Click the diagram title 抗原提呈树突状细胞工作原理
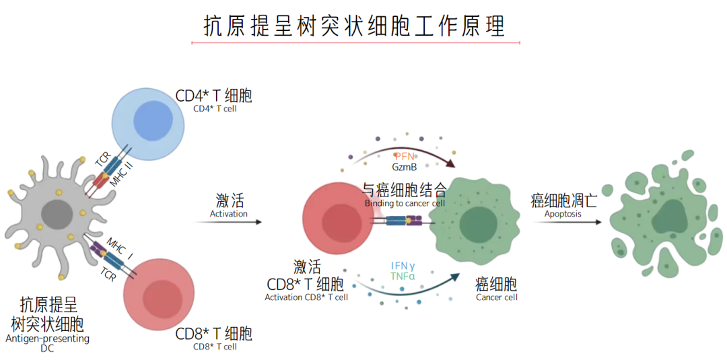pos(355,26)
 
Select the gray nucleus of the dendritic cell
pos(57,215)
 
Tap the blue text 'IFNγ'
pos(403,265)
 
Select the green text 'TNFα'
pos(403,276)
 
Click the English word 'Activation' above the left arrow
pos(229,214)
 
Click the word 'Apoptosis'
pos(563,215)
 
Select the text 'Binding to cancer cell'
pos(405,203)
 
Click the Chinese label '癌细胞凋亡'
pos(563,201)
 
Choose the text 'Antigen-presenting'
pos(47,338)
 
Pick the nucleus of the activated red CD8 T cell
pos(343,222)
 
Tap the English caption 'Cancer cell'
pos(497,297)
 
